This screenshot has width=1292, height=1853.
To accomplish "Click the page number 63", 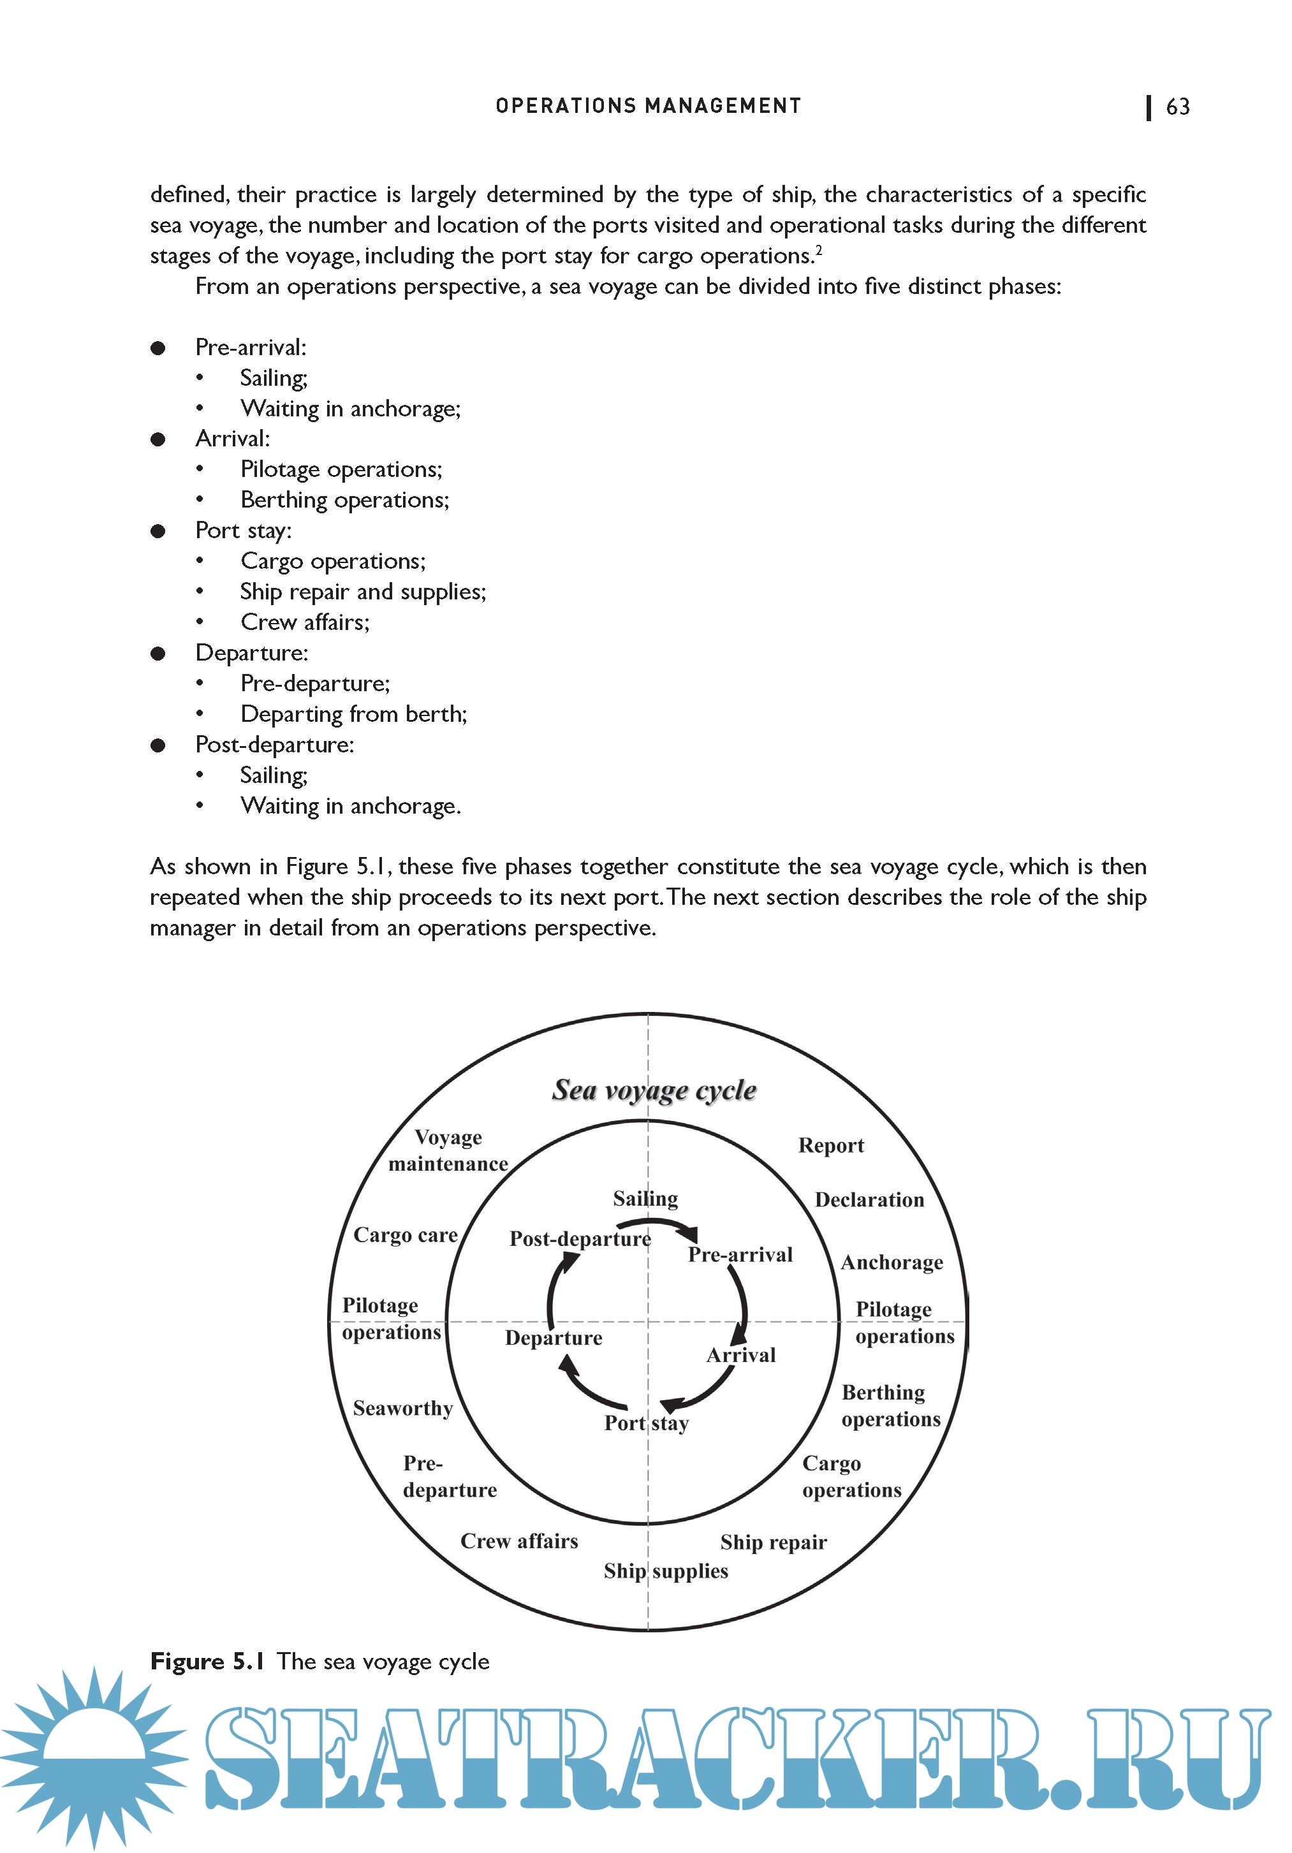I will click(1177, 106).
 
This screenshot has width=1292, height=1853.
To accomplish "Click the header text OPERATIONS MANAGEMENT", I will click(648, 106).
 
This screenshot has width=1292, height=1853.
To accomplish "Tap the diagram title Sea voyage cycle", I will click(654, 1090).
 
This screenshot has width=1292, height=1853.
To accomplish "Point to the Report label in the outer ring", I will click(830, 1145).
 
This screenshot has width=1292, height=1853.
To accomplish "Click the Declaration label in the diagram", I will click(869, 1199).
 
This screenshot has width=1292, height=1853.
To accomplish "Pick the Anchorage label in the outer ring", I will click(892, 1263).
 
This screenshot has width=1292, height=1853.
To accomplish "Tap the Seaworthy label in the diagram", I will click(402, 1409).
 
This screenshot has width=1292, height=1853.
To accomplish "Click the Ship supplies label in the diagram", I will click(666, 1571).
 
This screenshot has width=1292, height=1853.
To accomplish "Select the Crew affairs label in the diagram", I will click(519, 1541).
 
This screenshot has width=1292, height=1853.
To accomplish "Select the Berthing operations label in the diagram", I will click(890, 1405).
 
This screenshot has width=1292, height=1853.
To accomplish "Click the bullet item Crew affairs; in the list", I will click(304, 622).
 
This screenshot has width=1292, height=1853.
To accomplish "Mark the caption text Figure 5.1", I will click(207, 1662).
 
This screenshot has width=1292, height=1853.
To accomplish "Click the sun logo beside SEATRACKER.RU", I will click(94, 1759).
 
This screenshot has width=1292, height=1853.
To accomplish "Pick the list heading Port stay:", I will click(243, 531).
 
